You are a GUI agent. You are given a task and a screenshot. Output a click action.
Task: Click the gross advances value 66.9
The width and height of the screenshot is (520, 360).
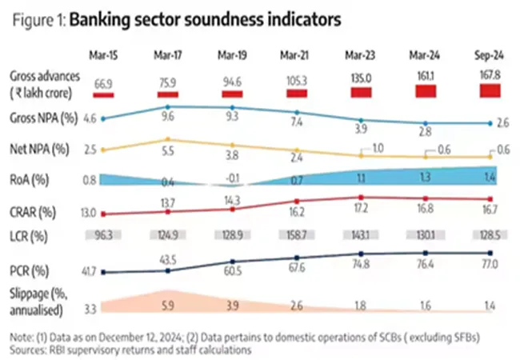tap(103, 82)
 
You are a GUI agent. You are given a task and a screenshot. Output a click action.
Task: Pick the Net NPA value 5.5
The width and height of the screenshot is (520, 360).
tap(168, 150)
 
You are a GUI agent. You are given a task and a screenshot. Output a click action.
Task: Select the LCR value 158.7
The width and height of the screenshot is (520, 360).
tap(296, 237)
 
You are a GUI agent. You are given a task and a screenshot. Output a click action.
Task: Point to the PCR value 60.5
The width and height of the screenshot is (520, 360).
tap(232, 273)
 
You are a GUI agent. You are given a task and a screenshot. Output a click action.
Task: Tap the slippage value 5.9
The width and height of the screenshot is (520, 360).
tap(168, 305)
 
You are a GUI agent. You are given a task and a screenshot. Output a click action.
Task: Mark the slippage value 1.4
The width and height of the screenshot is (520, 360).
tap(489, 305)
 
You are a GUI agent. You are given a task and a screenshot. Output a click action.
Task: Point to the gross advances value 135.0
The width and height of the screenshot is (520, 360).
tap(360, 78)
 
